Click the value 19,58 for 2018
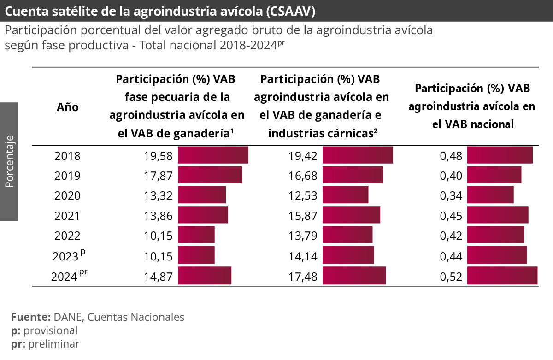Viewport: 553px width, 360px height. pyautogui.click(x=158, y=156)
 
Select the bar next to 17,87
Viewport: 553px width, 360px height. pyautogui.click(x=210, y=176)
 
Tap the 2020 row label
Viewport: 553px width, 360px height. pyautogui.click(x=67, y=196)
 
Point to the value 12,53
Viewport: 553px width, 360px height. pyautogui.click(x=303, y=196)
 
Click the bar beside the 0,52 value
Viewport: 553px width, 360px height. pyautogui.click(x=502, y=276)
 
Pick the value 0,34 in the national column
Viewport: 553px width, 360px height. pyautogui.click(x=451, y=196)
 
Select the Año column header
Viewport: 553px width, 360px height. pyautogui.click(x=68, y=107)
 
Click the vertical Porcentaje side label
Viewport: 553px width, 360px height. pyautogui.click(x=9, y=161)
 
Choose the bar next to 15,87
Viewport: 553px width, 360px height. pyautogui.click(x=351, y=215)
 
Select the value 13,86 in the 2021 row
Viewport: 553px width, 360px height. pyautogui.click(x=158, y=216)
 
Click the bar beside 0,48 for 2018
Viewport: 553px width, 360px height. pyautogui.click(x=500, y=155)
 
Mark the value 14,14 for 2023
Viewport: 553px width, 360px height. pyautogui.click(x=303, y=256)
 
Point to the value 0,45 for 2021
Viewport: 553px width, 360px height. pyautogui.click(x=451, y=216)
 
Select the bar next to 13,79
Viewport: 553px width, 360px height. pyautogui.click(x=347, y=236)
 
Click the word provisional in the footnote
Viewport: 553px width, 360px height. pyautogui.click(x=50, y=330)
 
